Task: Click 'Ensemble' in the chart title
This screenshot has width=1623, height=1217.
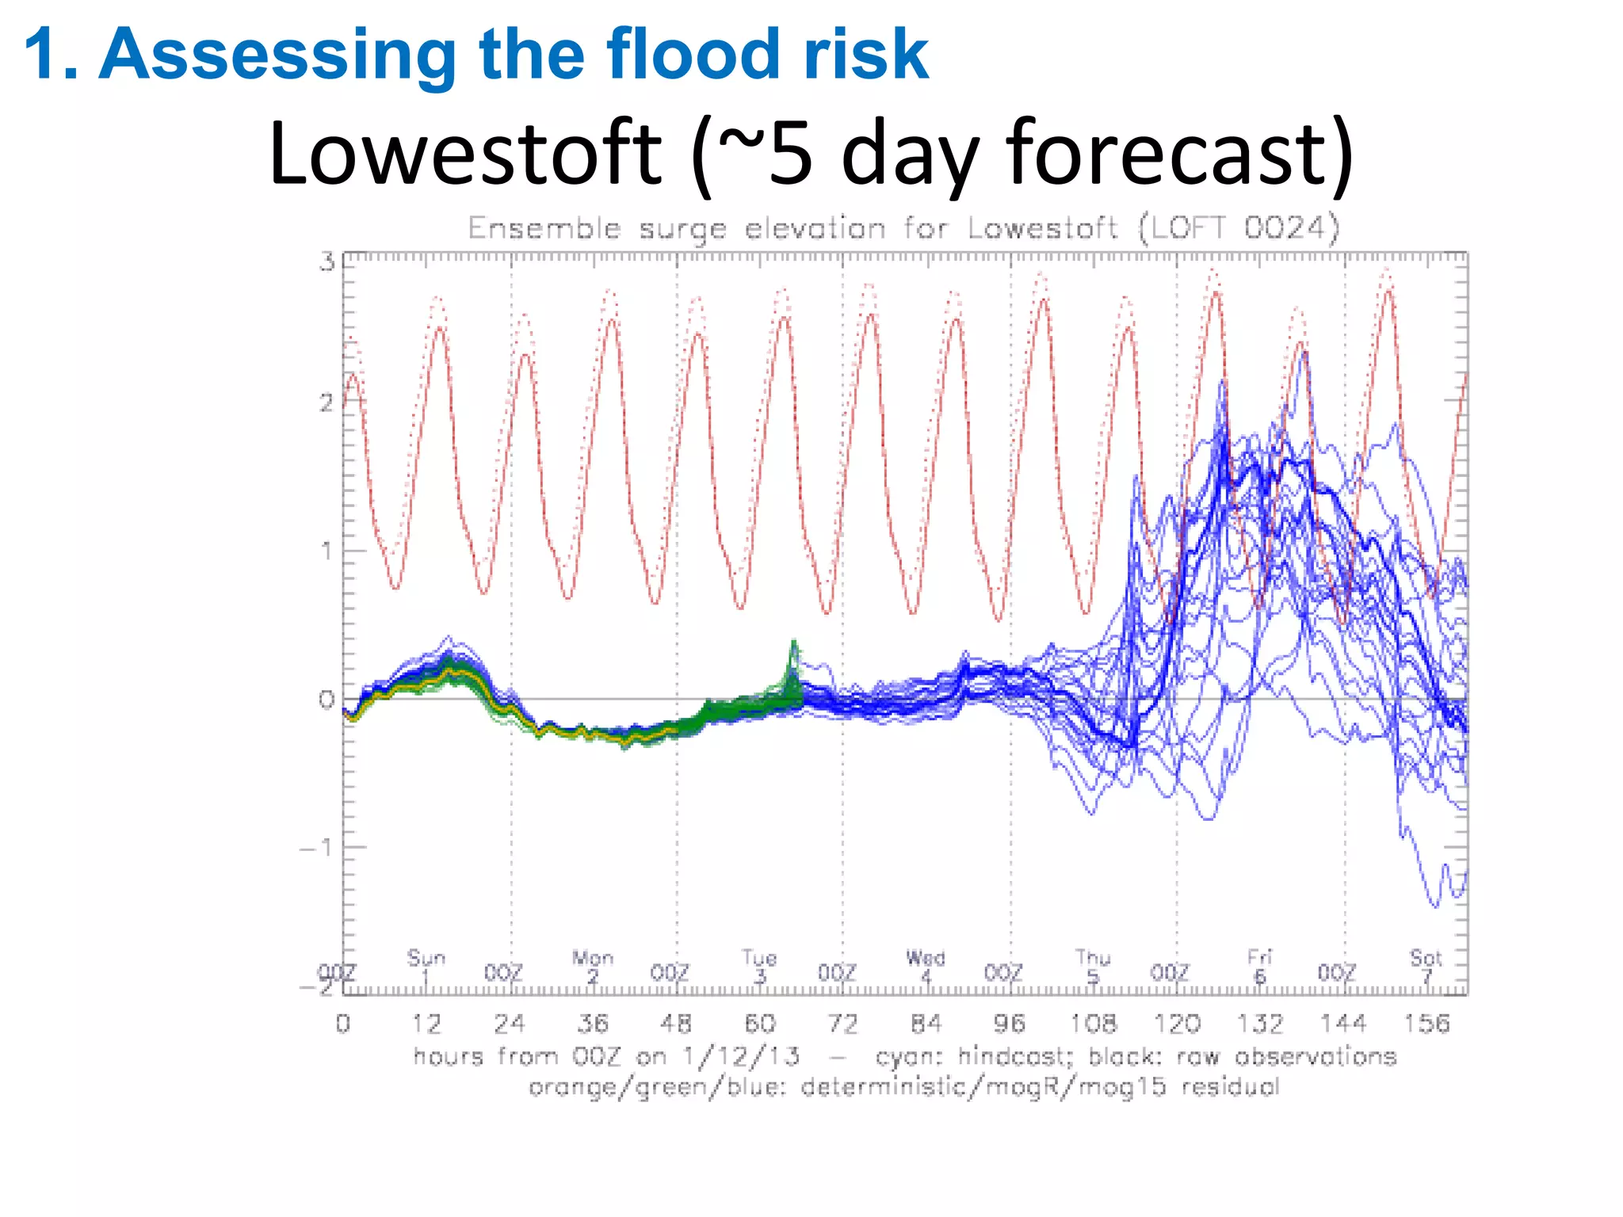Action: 544,228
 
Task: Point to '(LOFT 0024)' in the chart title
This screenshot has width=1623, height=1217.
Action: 1239,228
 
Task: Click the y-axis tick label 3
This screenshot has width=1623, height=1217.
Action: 327,262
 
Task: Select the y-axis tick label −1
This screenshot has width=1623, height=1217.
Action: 319,848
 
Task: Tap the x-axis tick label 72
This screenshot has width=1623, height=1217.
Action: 842,1024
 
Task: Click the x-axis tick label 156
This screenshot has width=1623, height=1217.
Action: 1426,1024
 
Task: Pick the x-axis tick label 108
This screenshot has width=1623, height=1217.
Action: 1093,1024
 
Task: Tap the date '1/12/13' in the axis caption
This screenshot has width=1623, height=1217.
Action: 741,1056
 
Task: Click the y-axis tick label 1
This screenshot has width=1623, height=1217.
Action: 327,551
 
